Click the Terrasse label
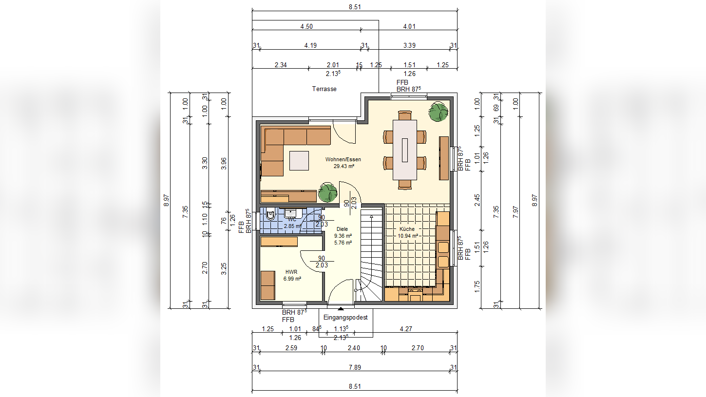point(324,89)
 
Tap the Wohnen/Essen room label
point(343,159)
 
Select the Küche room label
point(407,229)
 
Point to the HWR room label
point(291,272)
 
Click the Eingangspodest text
point(345,317)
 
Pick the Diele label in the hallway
point(343,229)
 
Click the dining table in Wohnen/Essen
point(405,150)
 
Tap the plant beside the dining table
point(438,112)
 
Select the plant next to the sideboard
point(328,192)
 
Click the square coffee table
point(299,161)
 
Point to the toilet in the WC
point(271,214)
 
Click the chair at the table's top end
point(405,115)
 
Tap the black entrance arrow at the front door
point(341,308)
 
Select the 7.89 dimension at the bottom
point(355,367)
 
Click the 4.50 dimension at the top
point(306,26)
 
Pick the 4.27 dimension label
point(406,329)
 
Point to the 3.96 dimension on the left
point(224,164)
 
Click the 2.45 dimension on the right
point(477,200)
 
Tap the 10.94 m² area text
point(408,236)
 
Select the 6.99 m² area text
point(292,279)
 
